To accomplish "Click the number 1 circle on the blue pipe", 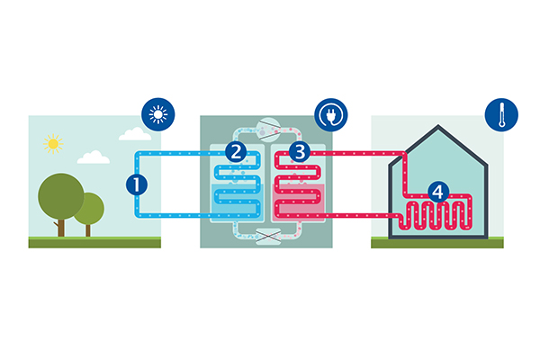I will point(136,185).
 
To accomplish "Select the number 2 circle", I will point(236,152).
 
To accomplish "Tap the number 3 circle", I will point(299,152).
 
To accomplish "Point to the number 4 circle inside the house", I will point(437,192).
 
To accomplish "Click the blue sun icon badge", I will point(159,115).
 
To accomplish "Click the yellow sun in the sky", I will point(53,143).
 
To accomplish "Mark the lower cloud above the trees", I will point(93,157).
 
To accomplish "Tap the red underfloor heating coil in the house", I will point(436,217).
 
